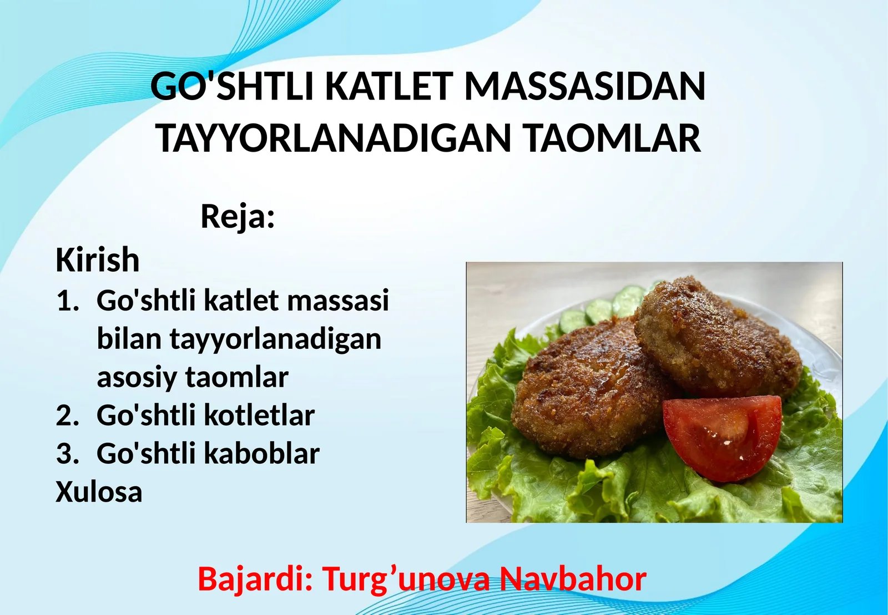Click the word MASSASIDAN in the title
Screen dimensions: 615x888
point(584,87)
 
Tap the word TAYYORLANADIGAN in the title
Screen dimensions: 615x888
point(333,138)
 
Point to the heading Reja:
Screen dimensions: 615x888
point(238,216)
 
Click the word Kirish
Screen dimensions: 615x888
point(97,260)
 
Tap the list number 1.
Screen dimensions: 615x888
point(67,302)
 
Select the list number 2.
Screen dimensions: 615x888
point(67,416)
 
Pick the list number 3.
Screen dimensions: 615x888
point(67,454)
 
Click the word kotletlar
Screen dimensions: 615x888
point(259,416)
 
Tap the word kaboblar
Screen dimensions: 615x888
point(262,454)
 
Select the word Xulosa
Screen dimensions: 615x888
point(99,492)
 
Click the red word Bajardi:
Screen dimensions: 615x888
point(255,579)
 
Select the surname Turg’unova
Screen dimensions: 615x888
point(406,579)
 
